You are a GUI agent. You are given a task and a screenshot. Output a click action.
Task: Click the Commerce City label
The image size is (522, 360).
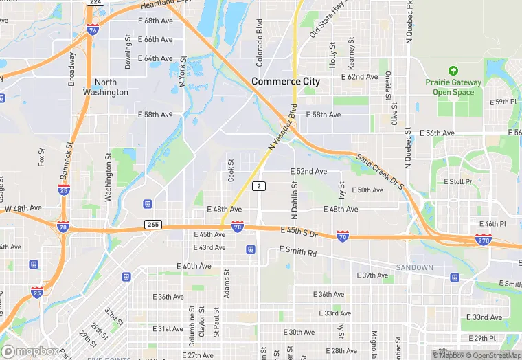click(286, 81)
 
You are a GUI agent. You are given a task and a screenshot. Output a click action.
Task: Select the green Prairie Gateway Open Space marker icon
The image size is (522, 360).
click(453, 71)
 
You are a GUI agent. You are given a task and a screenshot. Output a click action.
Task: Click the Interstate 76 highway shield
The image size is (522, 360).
click(92, 30)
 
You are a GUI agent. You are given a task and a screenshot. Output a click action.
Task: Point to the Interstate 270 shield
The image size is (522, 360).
click(483, 239)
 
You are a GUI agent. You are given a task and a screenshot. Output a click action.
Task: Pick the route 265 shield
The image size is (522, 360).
click(153, 225)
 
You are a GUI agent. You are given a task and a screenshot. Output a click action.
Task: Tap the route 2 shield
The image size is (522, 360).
click(258, 186)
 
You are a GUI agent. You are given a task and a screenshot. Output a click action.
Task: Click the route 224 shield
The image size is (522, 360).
click(95, 3)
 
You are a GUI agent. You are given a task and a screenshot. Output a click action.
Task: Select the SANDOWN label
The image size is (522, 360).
click(415, 267)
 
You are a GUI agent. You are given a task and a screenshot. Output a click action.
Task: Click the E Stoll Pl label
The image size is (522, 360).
click(457, 182)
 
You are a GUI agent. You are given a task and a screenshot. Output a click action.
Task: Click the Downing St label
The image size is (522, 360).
click(128, 53)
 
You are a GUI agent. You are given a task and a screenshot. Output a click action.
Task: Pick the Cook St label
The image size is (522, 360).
click(231, 171)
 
